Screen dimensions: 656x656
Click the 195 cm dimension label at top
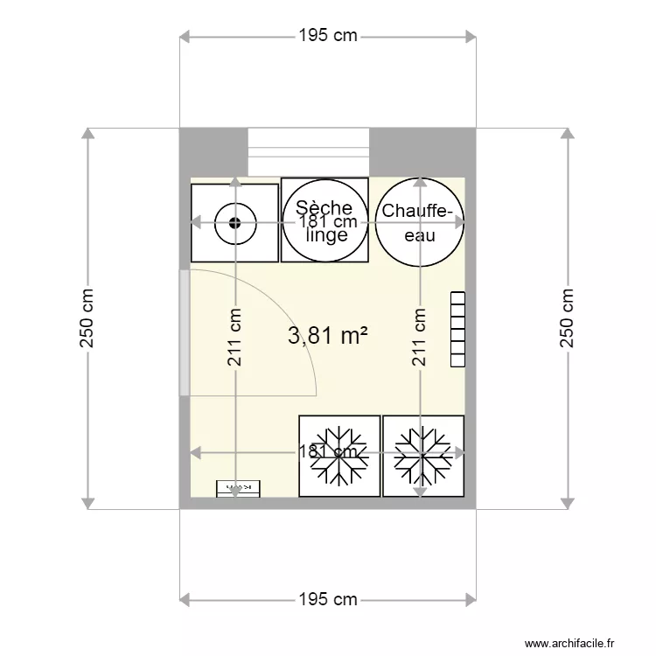click(x=328, y=36)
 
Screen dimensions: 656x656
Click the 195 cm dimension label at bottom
click(x=328, y=599)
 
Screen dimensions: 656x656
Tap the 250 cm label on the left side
click(x=87, y=318)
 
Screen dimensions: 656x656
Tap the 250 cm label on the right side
click(x=569, y=318)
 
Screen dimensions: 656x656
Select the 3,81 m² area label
click(x=327, y=334)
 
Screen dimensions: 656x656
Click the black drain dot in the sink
click(x=234, y=222)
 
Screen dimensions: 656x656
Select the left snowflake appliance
click(x=339, y=456)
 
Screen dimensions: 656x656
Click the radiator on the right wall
click(x=457, y=329)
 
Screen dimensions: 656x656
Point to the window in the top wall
click(x=309, y=153)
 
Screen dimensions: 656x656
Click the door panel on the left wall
click(x=184, y=332)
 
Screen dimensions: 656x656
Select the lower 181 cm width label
click(x=327, y=452)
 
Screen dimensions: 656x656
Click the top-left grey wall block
click(x=213, y=153)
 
